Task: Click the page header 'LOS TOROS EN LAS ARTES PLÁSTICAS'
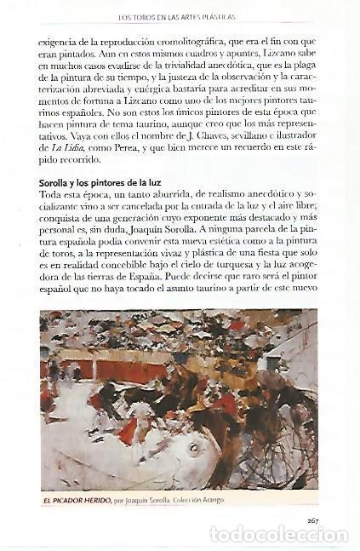(x=180, y=16)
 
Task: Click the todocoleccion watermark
(x=279, y=536)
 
